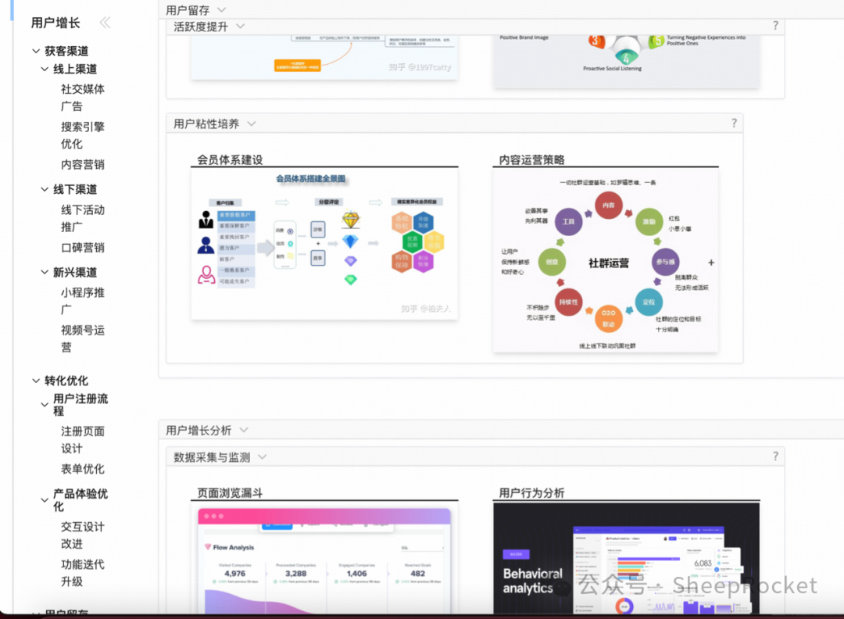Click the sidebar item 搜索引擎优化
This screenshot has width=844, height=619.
(82, 135)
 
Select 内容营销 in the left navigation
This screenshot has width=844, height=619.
(82, 165)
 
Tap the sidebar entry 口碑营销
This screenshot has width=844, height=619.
(82, 248)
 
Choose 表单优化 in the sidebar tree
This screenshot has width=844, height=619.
(82, 469)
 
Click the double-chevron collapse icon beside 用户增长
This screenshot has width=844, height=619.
(105, 23)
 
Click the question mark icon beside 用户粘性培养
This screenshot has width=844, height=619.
(734, 123)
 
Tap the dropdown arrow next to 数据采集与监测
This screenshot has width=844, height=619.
(263, 457)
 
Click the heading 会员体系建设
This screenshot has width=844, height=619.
(230, 160)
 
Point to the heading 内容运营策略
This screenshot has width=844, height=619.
(531, 160)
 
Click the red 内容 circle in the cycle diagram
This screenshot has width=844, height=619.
(608, 206)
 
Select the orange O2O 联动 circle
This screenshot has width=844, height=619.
(608, 319)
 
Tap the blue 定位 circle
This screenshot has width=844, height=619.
(649, 302)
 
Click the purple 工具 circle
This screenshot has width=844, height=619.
(568, 222)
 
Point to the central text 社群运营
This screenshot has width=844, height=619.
(608, 263)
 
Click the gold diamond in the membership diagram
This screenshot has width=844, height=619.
(351, 220)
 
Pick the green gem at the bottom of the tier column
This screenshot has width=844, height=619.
(350, 279)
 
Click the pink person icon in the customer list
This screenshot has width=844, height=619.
(206, 274)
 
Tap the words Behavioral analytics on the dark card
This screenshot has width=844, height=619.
(533, 581)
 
